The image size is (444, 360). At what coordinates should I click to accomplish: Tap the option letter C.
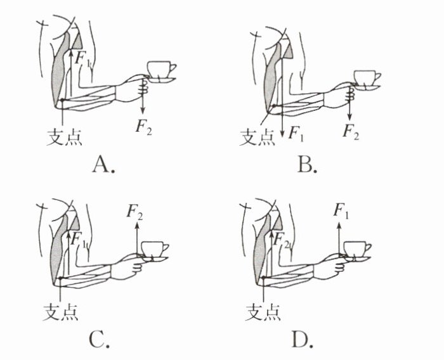pyautogui.click(x=101, y=340)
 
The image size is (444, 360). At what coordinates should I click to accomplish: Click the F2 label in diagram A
pyautogui.click(x=144, y=127)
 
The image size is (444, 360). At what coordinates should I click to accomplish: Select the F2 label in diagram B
pyautogui.click(x=350, y=132)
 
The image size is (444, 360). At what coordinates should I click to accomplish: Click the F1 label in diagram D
pyautogui.click(x=341, y=210)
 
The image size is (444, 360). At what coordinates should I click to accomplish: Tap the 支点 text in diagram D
pyautogui.click(x=263, y=311)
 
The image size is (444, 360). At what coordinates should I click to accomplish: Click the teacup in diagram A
pyautogui.click(x=161, y=70)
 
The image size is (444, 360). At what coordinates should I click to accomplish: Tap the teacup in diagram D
pyautogui.click(x=358, y=250)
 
